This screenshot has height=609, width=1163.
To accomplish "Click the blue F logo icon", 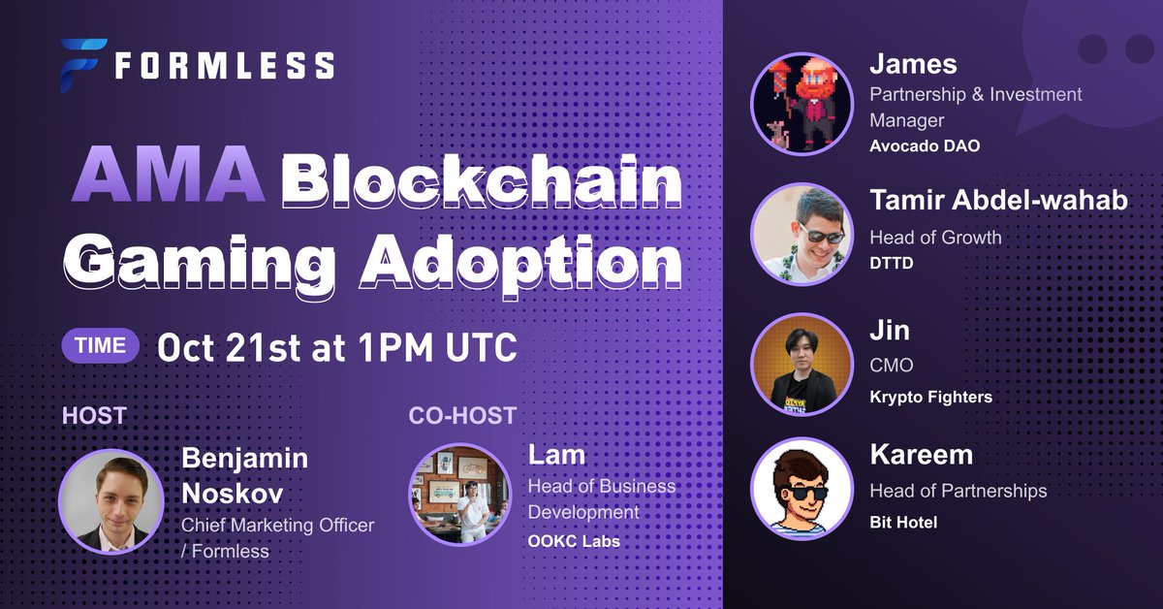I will [x=82, y=64].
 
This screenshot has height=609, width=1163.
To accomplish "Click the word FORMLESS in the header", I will [x=225, y=66].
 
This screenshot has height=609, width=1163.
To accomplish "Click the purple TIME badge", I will [x=101, y=346].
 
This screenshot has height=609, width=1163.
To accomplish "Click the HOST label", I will [x=94, y=416].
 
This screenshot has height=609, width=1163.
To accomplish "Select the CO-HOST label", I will [x=462, y=416].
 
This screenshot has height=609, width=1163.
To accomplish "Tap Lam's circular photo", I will [x=459, y=494].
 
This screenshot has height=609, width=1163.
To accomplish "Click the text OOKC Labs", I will [x=574, y=540].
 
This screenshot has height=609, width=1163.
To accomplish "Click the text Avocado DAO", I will [x=925, y=146].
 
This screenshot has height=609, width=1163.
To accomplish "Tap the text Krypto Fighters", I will [x=930, y=397].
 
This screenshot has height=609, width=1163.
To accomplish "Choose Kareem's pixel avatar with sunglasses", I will [x=802, y=488].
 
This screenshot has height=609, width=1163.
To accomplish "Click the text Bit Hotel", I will [x=903, y=523].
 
